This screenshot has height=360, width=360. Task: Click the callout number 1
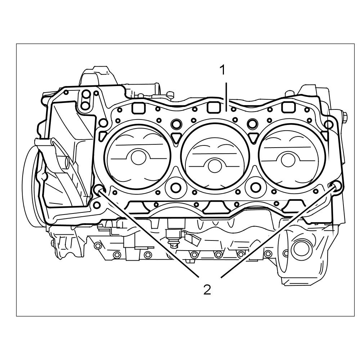click(x=223, y=70)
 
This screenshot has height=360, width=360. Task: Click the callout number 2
click(x=207, y=289)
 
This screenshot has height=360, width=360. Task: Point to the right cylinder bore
click(x=292, y=156)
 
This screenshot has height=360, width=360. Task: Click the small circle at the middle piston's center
click(x=215, y=166)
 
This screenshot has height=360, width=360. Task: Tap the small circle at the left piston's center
click(x=139, y=157)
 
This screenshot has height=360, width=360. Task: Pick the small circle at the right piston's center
click(x=288, y=159)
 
